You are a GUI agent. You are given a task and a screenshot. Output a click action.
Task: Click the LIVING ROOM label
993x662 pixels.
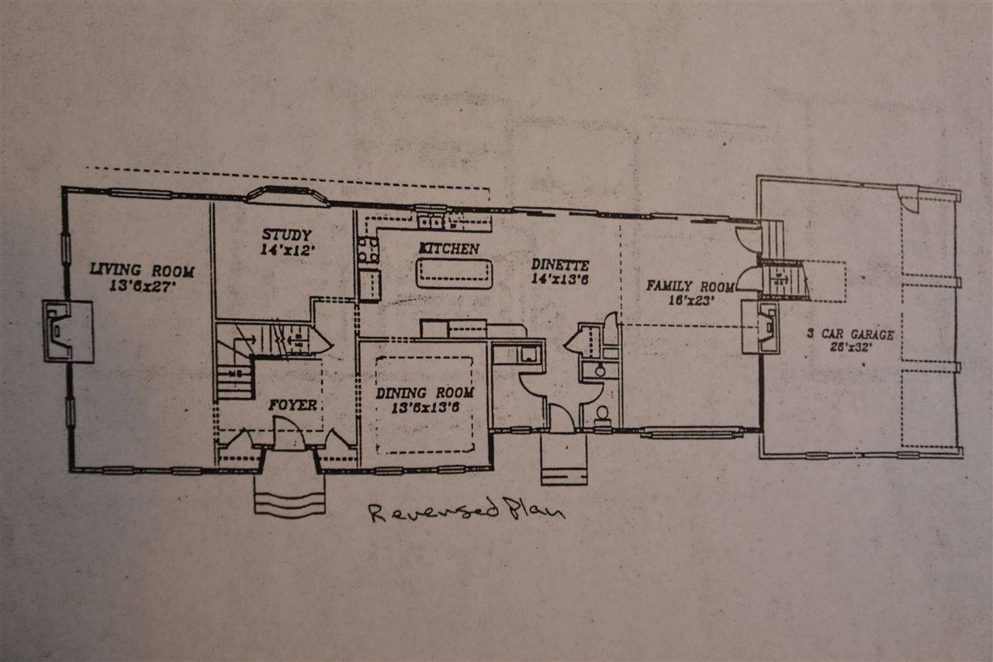141,270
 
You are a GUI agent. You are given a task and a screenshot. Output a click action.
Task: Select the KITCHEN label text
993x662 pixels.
449,248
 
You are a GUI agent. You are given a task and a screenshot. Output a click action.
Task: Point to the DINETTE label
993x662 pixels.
560,265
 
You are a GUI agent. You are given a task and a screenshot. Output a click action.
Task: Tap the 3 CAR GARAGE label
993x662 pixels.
850,334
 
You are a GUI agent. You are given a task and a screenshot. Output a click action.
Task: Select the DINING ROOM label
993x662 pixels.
424,393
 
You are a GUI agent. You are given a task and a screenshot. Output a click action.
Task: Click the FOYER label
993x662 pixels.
292,404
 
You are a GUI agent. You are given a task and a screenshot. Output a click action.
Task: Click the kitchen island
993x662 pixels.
454,273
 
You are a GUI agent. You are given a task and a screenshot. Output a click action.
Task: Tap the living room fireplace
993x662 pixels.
67,331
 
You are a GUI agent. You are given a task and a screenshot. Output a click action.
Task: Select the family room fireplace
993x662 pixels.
761,327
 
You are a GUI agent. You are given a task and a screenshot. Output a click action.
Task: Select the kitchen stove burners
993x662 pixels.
368,250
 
